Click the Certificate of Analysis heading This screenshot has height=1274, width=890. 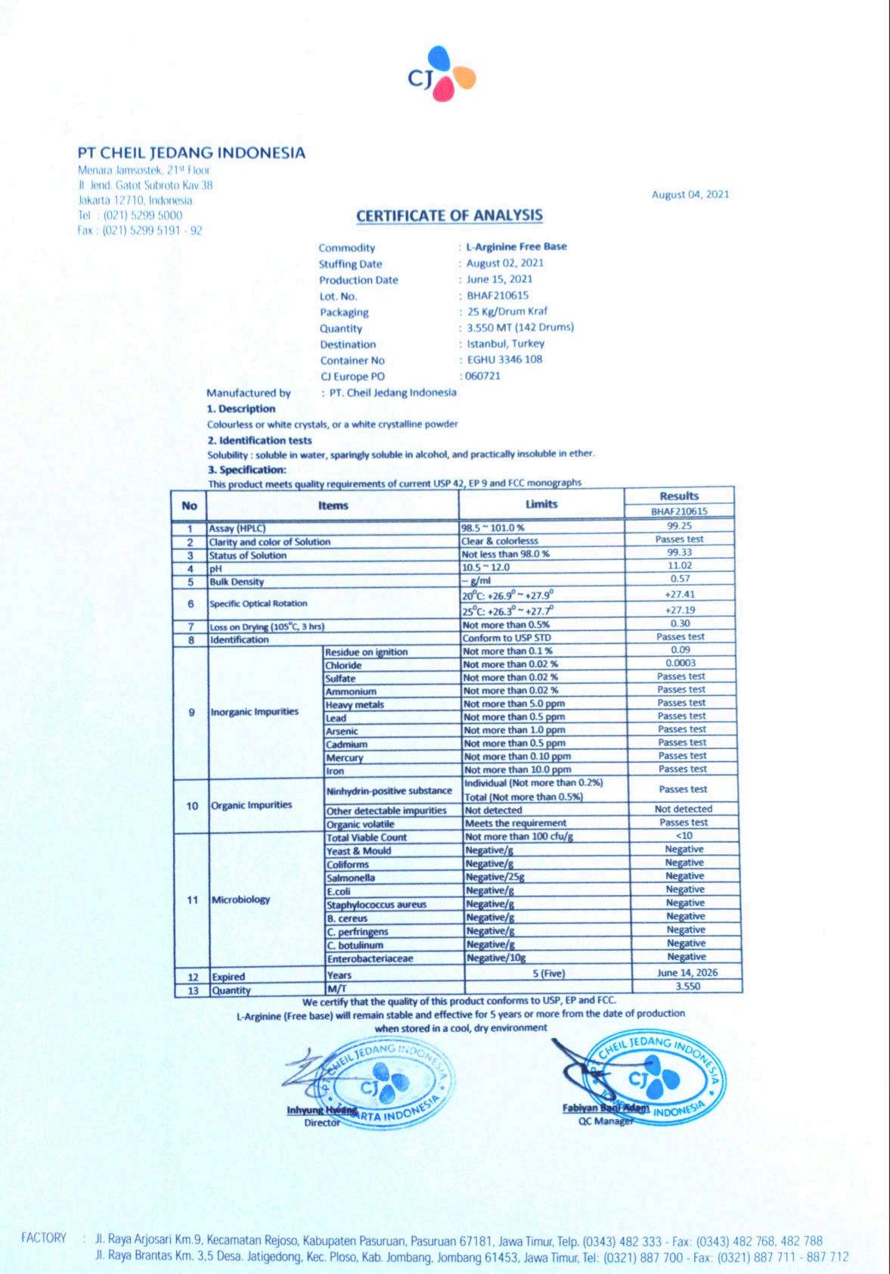click(449, 216)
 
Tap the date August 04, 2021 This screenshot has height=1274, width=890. click(690, 194)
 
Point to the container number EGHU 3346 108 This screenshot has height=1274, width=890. click(504, 359)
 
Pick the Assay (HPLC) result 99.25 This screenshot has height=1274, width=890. click(679, 526)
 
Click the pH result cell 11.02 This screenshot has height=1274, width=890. click(679, 566)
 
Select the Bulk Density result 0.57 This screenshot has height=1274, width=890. click(679, 580)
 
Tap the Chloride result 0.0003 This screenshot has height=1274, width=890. click(681, 663)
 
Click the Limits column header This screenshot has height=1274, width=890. click(541, 504)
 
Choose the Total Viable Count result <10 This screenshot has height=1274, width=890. click(684, 836)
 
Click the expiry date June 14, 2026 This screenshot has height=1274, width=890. click(687, 973)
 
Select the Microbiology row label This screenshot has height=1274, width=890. click(240, 900)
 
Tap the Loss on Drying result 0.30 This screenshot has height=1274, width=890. click(680, 623)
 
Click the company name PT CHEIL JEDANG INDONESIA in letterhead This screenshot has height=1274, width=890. click(192, 153)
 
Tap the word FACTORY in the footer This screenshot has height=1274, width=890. click(43, 1238)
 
